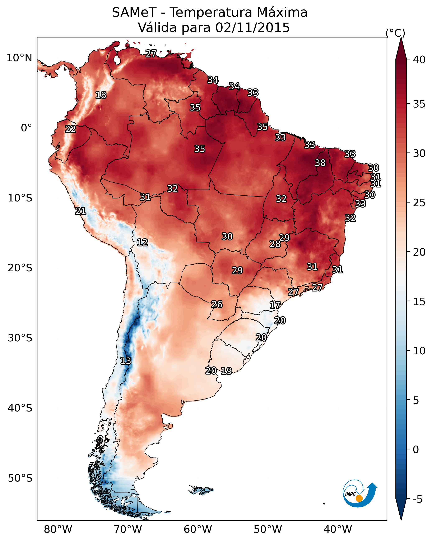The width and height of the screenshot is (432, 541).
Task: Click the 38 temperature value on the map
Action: click(320, 163)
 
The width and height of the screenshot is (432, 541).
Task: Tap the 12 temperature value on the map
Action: click(142, 242)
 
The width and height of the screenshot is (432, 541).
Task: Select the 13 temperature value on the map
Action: click(126, 361)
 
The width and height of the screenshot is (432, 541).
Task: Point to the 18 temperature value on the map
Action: click(101, 95)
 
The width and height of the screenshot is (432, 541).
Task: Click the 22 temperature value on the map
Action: click(70, 129)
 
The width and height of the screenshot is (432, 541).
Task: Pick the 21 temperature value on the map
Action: click(80, 211)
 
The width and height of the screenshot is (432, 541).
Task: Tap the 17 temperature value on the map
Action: click(275, 305)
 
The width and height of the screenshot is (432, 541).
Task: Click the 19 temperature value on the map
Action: click(226, 371)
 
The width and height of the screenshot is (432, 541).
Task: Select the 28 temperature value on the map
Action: click(275, 244)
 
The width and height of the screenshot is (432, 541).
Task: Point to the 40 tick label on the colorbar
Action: click(419, 60)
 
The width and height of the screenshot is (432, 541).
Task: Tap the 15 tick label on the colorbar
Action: click(419, 302)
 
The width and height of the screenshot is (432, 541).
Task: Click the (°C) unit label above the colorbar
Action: click(395, 33)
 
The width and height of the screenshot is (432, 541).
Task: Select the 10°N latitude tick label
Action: click(19, 58)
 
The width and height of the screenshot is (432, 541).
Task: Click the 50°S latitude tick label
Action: click(20, 478)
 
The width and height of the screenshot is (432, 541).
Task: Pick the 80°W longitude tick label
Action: click(58, 529)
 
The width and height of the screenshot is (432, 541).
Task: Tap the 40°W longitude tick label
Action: click(338, 529)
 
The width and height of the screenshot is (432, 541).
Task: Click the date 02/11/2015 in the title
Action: click(252, 27)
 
